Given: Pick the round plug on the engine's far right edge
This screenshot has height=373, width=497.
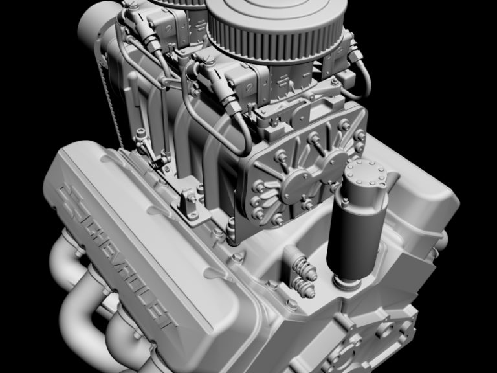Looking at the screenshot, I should coord(442,243).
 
